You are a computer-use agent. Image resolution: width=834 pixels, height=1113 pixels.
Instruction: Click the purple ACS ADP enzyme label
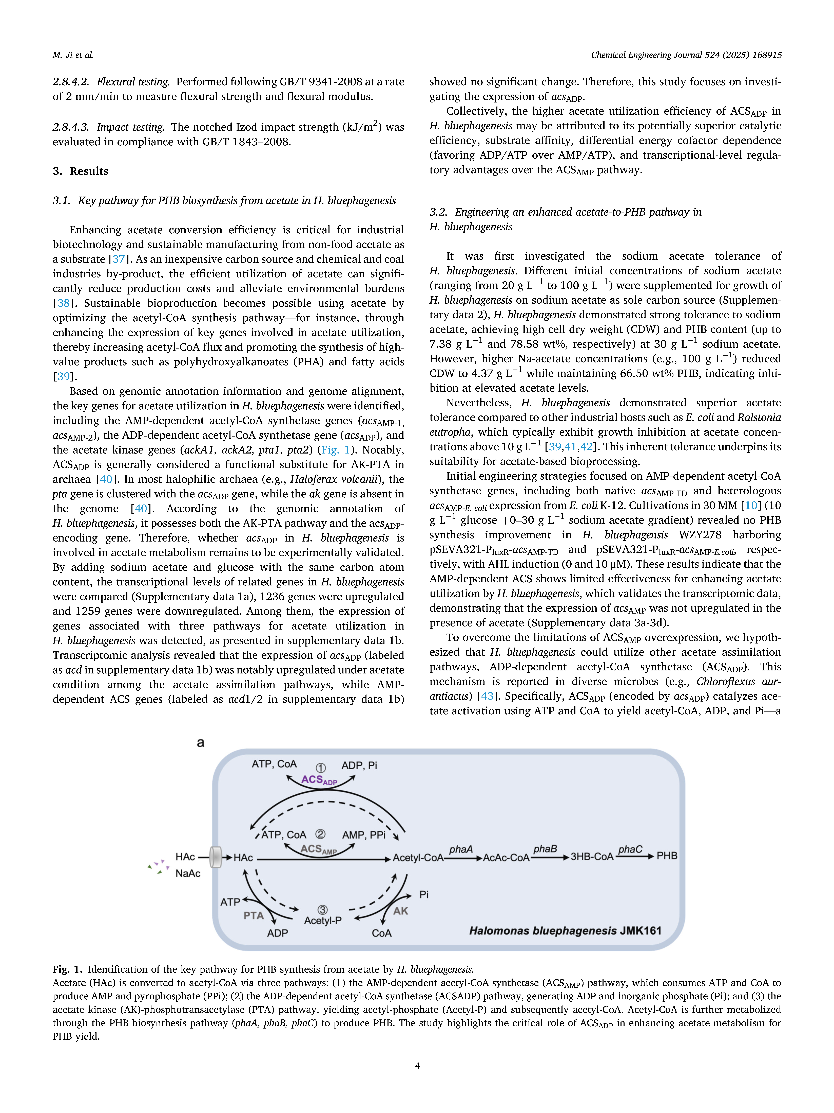(319, 780)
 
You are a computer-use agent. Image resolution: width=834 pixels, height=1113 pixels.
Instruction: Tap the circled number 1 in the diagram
(321, 768)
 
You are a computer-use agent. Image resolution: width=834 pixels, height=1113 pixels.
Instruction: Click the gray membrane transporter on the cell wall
(216, 857)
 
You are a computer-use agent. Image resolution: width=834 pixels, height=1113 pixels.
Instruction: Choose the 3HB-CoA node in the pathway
(592, 857)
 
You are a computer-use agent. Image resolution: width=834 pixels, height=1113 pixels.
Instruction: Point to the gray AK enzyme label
(401, 911)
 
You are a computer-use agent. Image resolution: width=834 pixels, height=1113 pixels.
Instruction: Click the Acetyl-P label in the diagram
(323, 920)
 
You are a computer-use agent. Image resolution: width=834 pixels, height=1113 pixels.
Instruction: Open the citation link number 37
(119, 259)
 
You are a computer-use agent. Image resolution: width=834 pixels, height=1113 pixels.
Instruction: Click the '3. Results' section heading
(80, 171)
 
